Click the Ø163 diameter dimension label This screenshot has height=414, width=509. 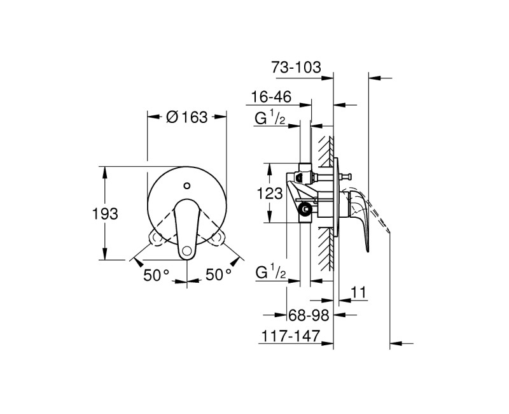[x=186, y=117]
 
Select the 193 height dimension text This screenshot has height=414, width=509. [x=106, y=214]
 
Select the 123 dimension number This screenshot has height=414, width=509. [x=271, y=194]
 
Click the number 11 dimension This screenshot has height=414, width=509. [x=359, y=292]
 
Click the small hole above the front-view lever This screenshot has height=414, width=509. [x=186, y=186]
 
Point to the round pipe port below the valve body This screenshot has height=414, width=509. [x=307, y=208]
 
